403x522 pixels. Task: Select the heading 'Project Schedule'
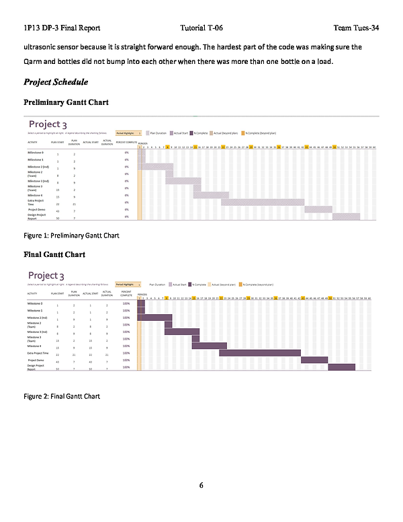tap(56, 82)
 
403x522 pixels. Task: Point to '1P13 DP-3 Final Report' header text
tap(62, 28)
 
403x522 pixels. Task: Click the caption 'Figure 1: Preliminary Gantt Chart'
tap(71, 235)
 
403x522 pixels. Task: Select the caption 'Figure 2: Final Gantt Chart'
tap(61, 396)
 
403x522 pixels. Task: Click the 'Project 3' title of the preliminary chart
tap(48, 124)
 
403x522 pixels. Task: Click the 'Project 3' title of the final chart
tap(48, 276)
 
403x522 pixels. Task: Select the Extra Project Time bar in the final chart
tap(259, 353)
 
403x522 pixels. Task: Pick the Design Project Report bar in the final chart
tap(341, 367)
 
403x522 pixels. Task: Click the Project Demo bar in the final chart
tap(314, 360)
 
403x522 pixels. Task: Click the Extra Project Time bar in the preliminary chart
tap(262, 202)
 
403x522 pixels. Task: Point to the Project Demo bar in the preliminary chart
tap(318, 209)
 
